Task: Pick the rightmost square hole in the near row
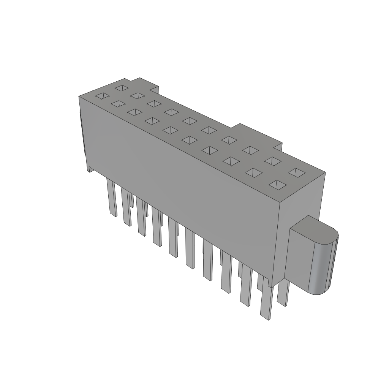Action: pyautogui.click(x=278, y=185)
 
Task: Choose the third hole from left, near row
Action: pyautogui.click(x=133, y=112)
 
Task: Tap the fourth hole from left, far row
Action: pyautogui.click(x=172, y=112)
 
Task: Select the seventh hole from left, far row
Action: pyautogui.click(x=229, y=139)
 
